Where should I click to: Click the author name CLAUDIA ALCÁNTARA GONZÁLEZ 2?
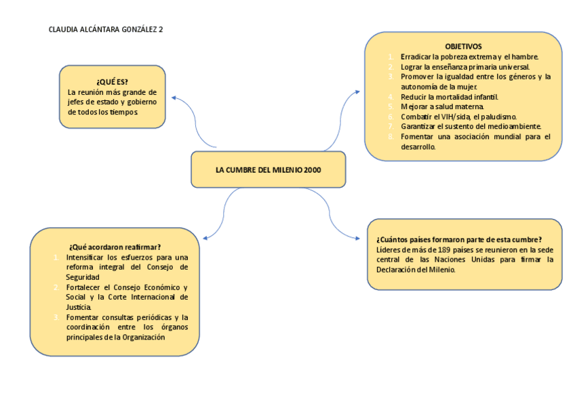106,30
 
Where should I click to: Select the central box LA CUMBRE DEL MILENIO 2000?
268,169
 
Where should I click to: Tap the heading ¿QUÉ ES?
112,82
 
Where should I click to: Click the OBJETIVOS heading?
464,46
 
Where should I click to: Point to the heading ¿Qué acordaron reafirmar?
115,247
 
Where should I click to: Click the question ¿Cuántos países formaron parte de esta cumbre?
458,239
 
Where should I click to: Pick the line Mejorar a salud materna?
442,106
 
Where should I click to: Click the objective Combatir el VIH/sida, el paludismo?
458,117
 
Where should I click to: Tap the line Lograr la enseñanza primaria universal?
464,67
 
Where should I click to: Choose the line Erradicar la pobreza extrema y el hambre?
469,57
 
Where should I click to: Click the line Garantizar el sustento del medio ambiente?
471,126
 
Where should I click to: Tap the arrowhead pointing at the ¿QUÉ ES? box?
174,98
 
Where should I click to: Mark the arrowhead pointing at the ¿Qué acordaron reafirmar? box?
205,237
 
